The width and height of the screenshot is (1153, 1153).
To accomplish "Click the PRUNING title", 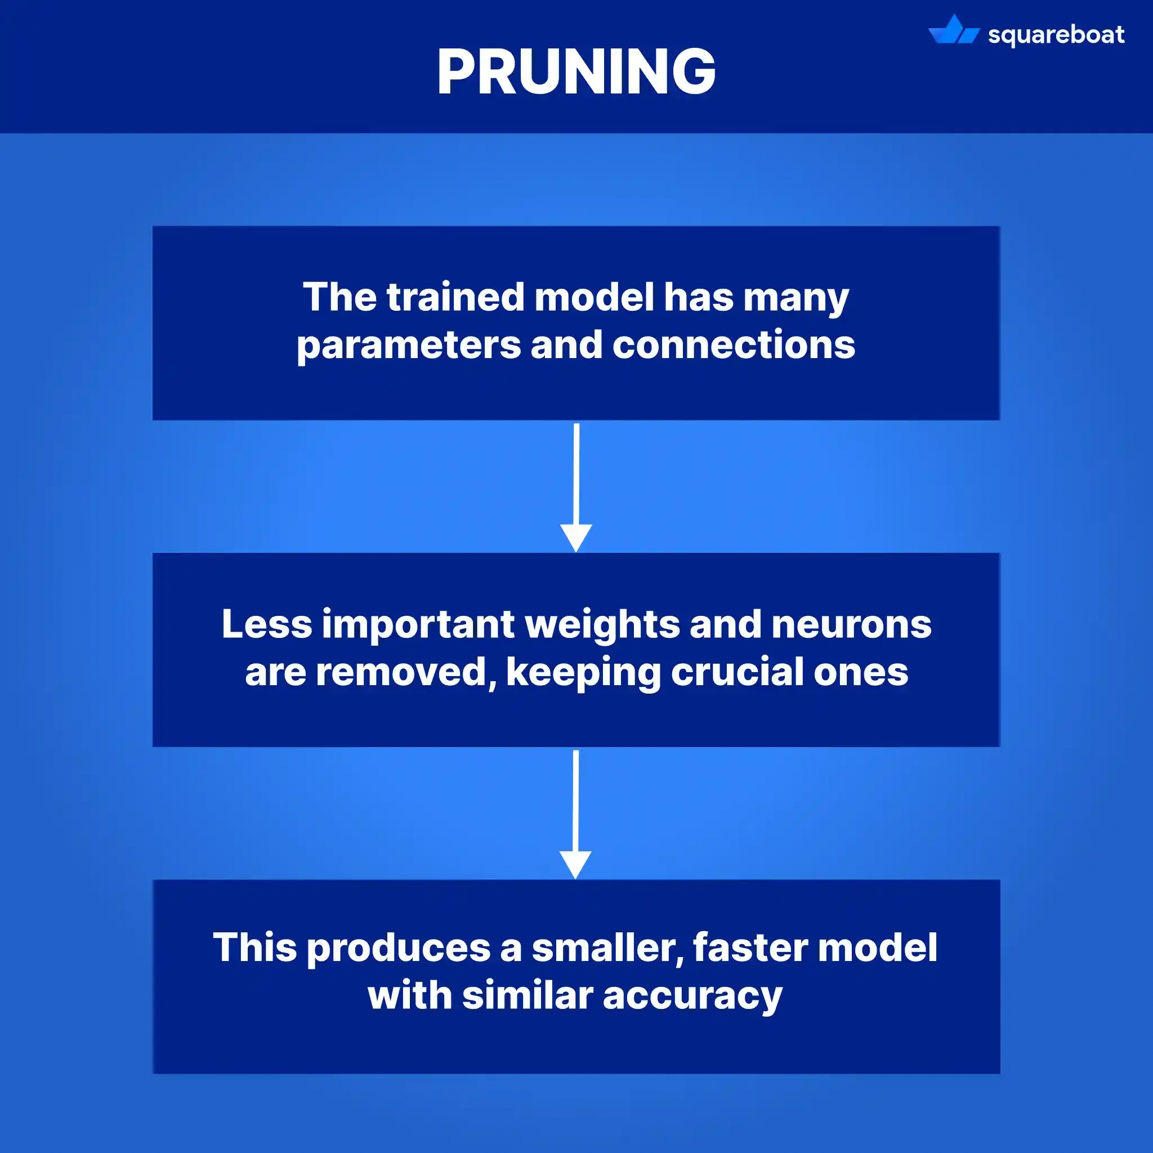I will coord(576,71).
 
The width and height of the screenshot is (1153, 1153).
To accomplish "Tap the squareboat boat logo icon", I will coord(953,31).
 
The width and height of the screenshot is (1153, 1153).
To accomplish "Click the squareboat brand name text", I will coord(1056,34).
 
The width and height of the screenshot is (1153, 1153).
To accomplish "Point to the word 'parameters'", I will coord(409,346).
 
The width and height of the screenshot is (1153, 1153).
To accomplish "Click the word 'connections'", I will coord(734,345).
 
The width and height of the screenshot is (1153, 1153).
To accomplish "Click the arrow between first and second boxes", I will coord(576,486).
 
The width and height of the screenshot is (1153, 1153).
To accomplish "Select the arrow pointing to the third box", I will coord(575,814).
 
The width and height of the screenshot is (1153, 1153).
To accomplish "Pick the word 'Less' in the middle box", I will coord(267,624).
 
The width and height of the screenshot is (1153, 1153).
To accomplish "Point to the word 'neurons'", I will coord(851,624).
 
